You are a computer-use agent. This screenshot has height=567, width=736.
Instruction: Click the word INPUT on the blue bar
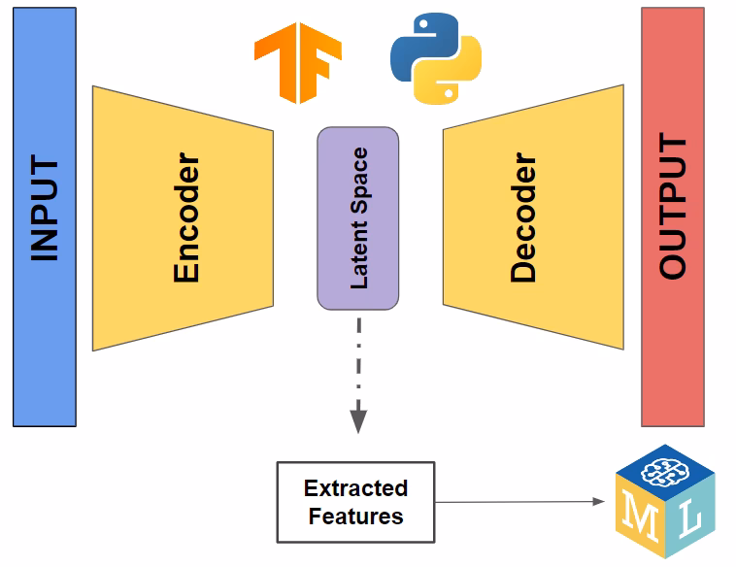[45, 209]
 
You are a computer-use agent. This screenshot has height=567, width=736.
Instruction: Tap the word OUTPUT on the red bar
[672, 208]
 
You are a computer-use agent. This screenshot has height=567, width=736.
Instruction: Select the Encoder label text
[186, 217]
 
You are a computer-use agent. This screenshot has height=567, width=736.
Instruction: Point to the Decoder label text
[522, 217]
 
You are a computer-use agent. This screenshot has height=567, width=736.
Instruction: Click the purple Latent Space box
[357, 218]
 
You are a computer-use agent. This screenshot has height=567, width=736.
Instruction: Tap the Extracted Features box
[356, 502]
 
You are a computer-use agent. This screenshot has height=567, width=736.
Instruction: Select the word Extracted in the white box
[356, 488]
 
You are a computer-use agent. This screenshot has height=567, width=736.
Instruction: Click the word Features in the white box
[356, 516]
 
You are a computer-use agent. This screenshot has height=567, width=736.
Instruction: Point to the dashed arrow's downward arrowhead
[358, 421]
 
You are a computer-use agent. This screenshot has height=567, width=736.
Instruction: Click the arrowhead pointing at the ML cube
[598, 502]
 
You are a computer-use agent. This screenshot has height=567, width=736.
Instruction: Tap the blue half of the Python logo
[417, 42]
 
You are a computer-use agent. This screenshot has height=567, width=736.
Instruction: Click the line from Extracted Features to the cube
[515, 502]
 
